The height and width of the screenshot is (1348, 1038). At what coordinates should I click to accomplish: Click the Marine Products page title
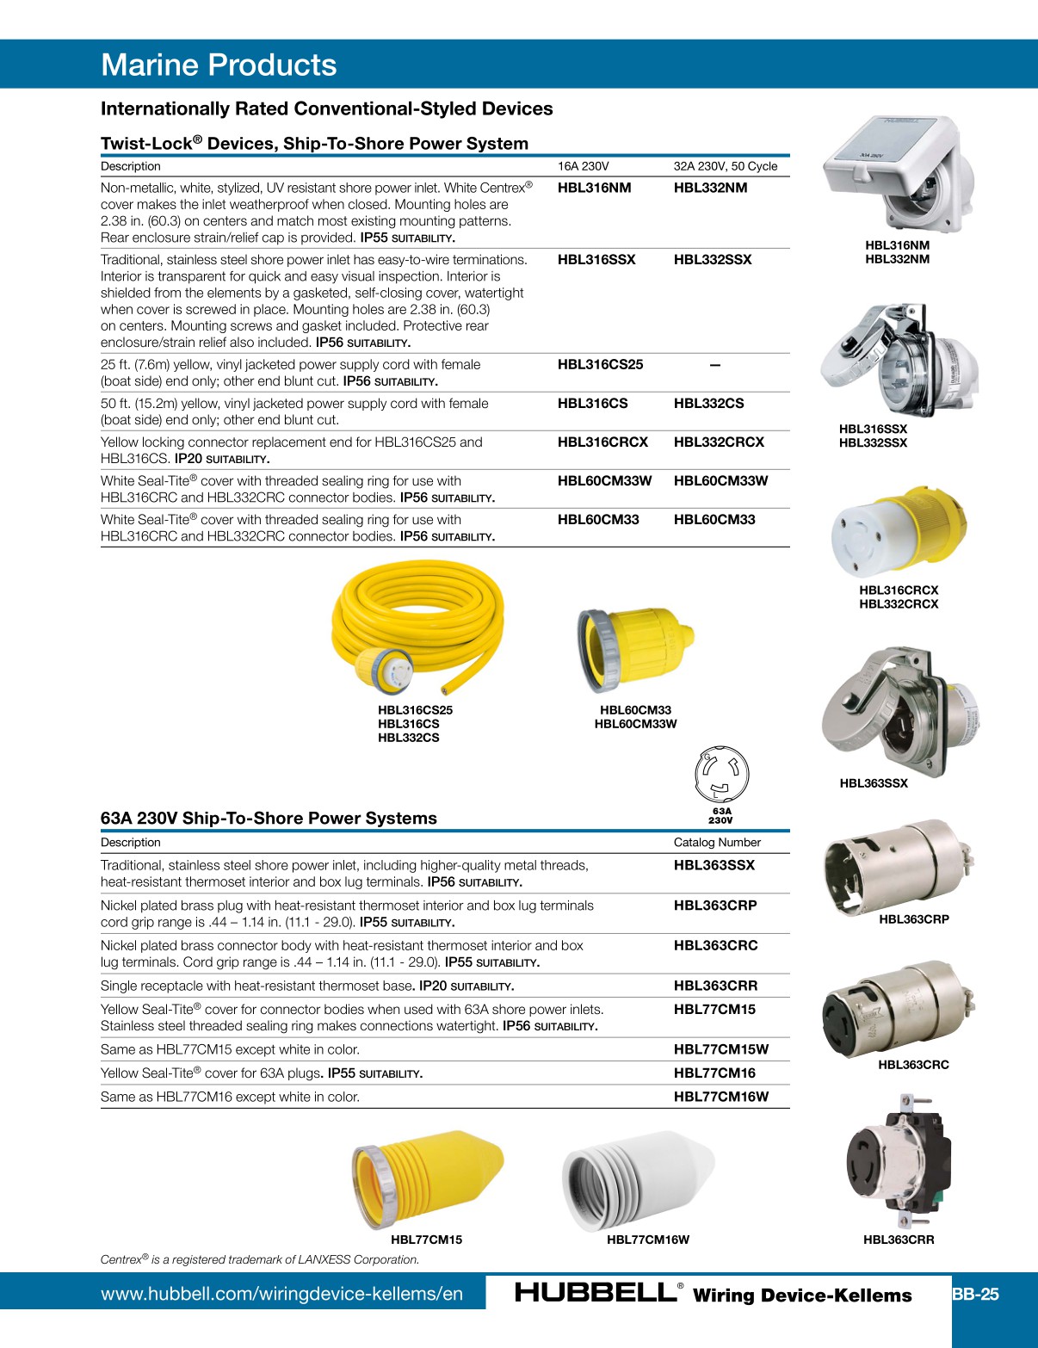click(x=219, y=65)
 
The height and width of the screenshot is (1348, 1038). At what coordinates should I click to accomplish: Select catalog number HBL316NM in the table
click(x=594, y=188)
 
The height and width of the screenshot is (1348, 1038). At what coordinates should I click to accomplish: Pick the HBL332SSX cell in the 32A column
click(x=712, y=259)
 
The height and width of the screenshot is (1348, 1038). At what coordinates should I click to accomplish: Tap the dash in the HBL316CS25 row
click(x=714, y=365)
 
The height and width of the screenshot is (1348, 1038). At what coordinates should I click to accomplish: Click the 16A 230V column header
click(x=583, y=166)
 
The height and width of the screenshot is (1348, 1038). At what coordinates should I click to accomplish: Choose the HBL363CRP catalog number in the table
click(x=714, y=905)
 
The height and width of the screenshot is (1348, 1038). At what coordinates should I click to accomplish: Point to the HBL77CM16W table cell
click(x=720, y=1096)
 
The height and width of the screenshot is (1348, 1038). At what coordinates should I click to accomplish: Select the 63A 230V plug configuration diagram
click(x=721, y=774)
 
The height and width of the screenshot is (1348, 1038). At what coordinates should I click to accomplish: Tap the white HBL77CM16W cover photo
click(x=638, y=1180)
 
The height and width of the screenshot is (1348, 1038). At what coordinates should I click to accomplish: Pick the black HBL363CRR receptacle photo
click(x=899, y=1161)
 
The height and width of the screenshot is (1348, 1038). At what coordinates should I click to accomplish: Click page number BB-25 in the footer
click(x=975, y=1294)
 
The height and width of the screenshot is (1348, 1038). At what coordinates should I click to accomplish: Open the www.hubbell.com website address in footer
click(x=281, y=1294)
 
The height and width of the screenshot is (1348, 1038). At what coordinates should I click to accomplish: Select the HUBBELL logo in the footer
click(x=596, y=1292)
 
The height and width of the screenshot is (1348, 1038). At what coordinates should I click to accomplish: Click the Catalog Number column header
click(x=716, y=842)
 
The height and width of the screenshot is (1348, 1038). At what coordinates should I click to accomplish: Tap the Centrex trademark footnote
click(x=259, y=1259)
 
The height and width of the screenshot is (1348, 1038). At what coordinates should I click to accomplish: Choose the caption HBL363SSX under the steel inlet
click(x=873, y=783)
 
